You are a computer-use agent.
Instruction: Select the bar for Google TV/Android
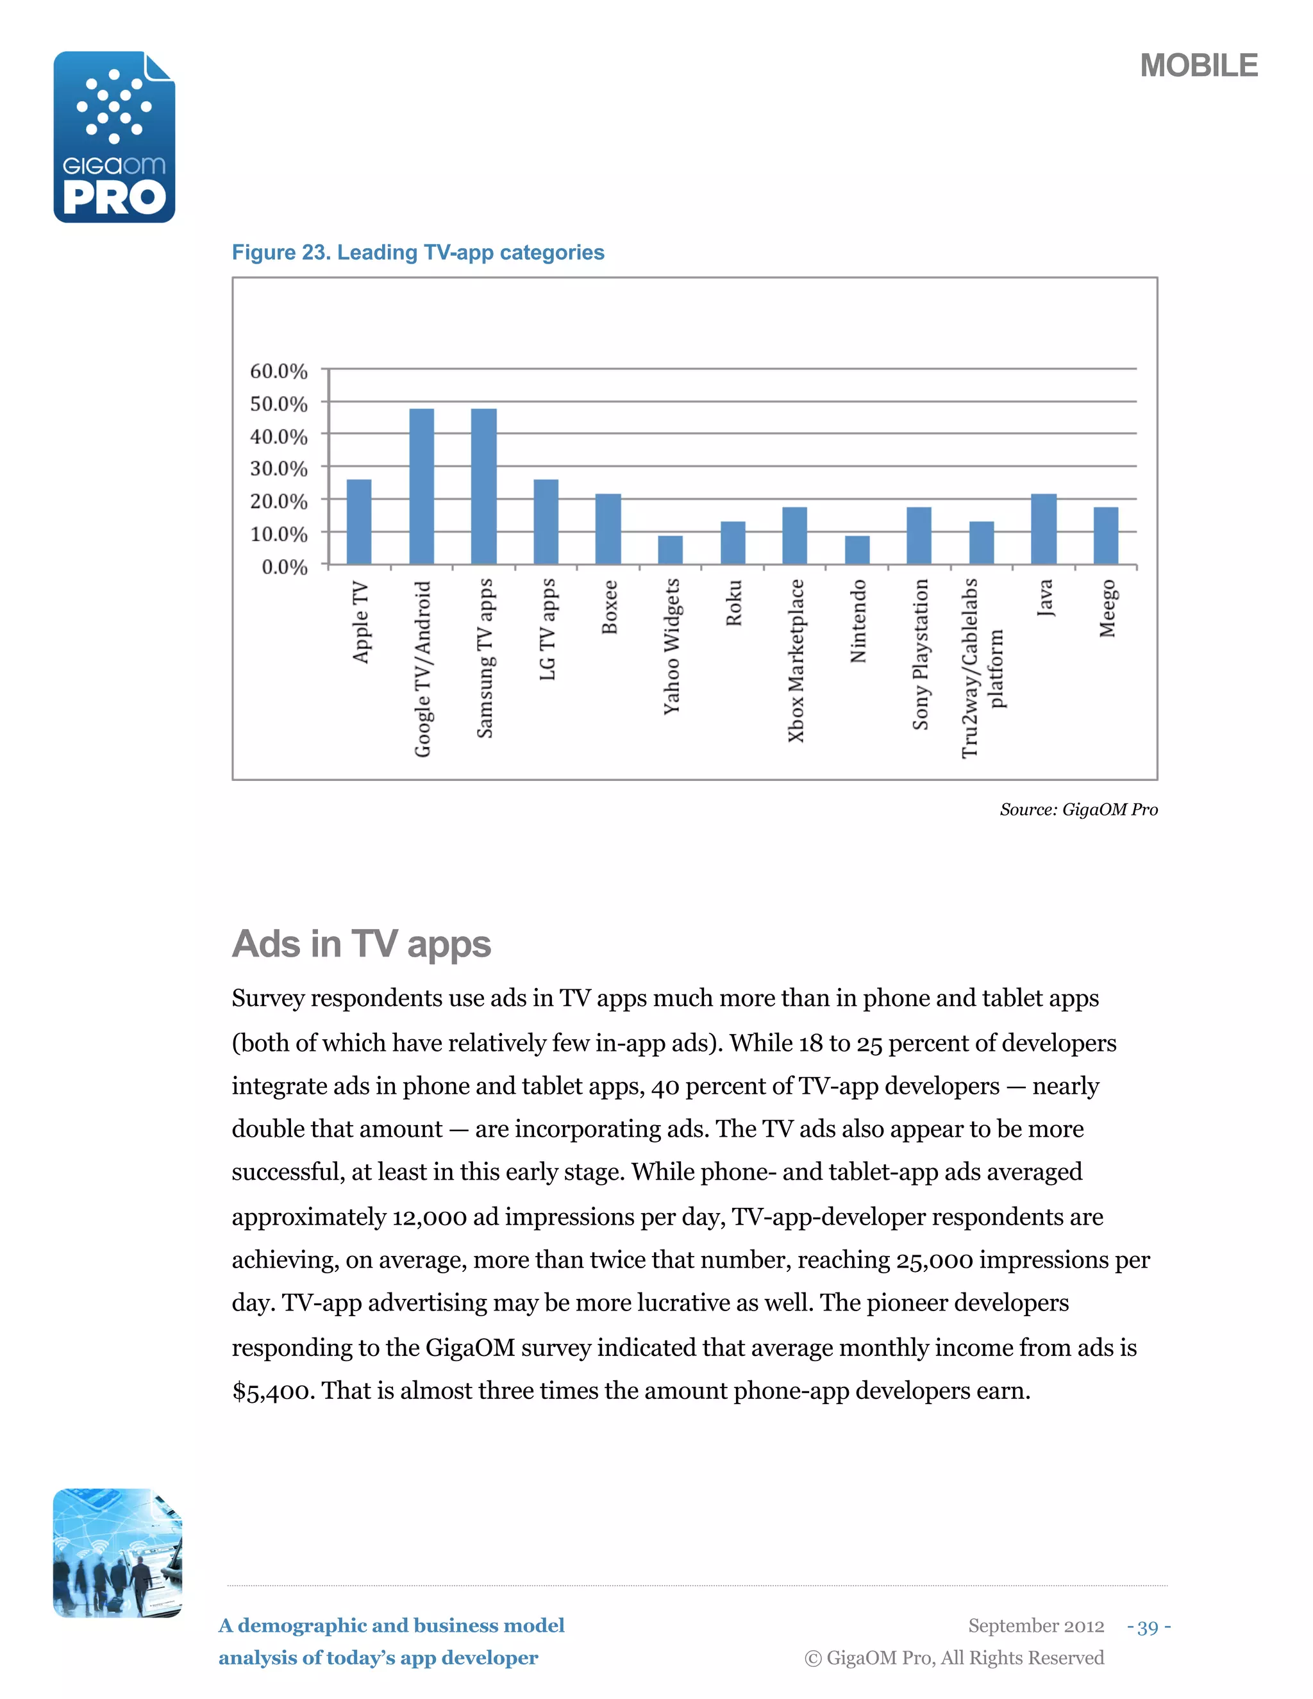(x=422, y=486)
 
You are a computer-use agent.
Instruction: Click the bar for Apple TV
(x=358, y=521)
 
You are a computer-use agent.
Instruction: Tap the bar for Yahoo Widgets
(x=671, y=549)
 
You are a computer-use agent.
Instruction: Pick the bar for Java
(x=1044, y=529)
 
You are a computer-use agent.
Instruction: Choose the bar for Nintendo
(x=857, y=549)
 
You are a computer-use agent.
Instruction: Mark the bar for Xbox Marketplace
(x=794, y=535)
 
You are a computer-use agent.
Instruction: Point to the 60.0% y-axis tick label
(x=278, y=371)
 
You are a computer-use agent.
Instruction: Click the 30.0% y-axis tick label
(x=278, y=468)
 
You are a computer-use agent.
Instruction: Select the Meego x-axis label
(x=1107, y=608)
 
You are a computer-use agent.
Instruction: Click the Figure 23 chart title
(x=418, y=252)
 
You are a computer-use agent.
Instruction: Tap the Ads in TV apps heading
(x=361, y=944)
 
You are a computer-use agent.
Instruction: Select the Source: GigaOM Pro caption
(x=1078, y=809)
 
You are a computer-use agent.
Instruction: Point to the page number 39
(x=1148, y=1626)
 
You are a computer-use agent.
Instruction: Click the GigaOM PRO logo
(x=114, y=137)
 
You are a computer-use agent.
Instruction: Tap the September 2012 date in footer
(x=1035, y=1625)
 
